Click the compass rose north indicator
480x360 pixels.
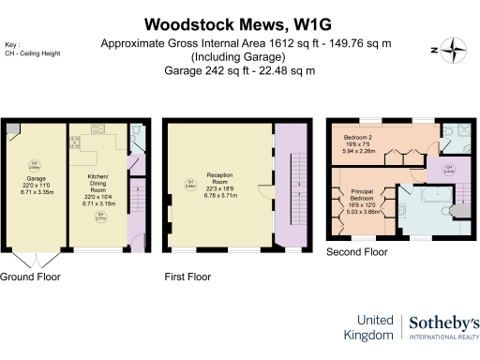(x=453, y=52)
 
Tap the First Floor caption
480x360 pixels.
(x=187, y=277)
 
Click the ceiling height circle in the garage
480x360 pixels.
(x=32, y=167)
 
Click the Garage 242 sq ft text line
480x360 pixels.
(x=239, y=70)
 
